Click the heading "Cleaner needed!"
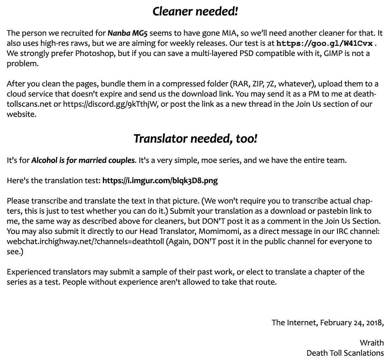[x=195, y=11]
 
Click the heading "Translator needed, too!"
[x=195, y=138]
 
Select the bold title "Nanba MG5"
[x=128, y=33]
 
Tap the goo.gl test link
[x=324, y=44]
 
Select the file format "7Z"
[x=271, y=84]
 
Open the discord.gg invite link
[x=110, y=105]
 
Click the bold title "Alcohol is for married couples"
[x=83, y=161]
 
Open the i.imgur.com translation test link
[x=160, y=181]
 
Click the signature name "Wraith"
[x=372, y=343]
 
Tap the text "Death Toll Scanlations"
[x=345, y=353]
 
